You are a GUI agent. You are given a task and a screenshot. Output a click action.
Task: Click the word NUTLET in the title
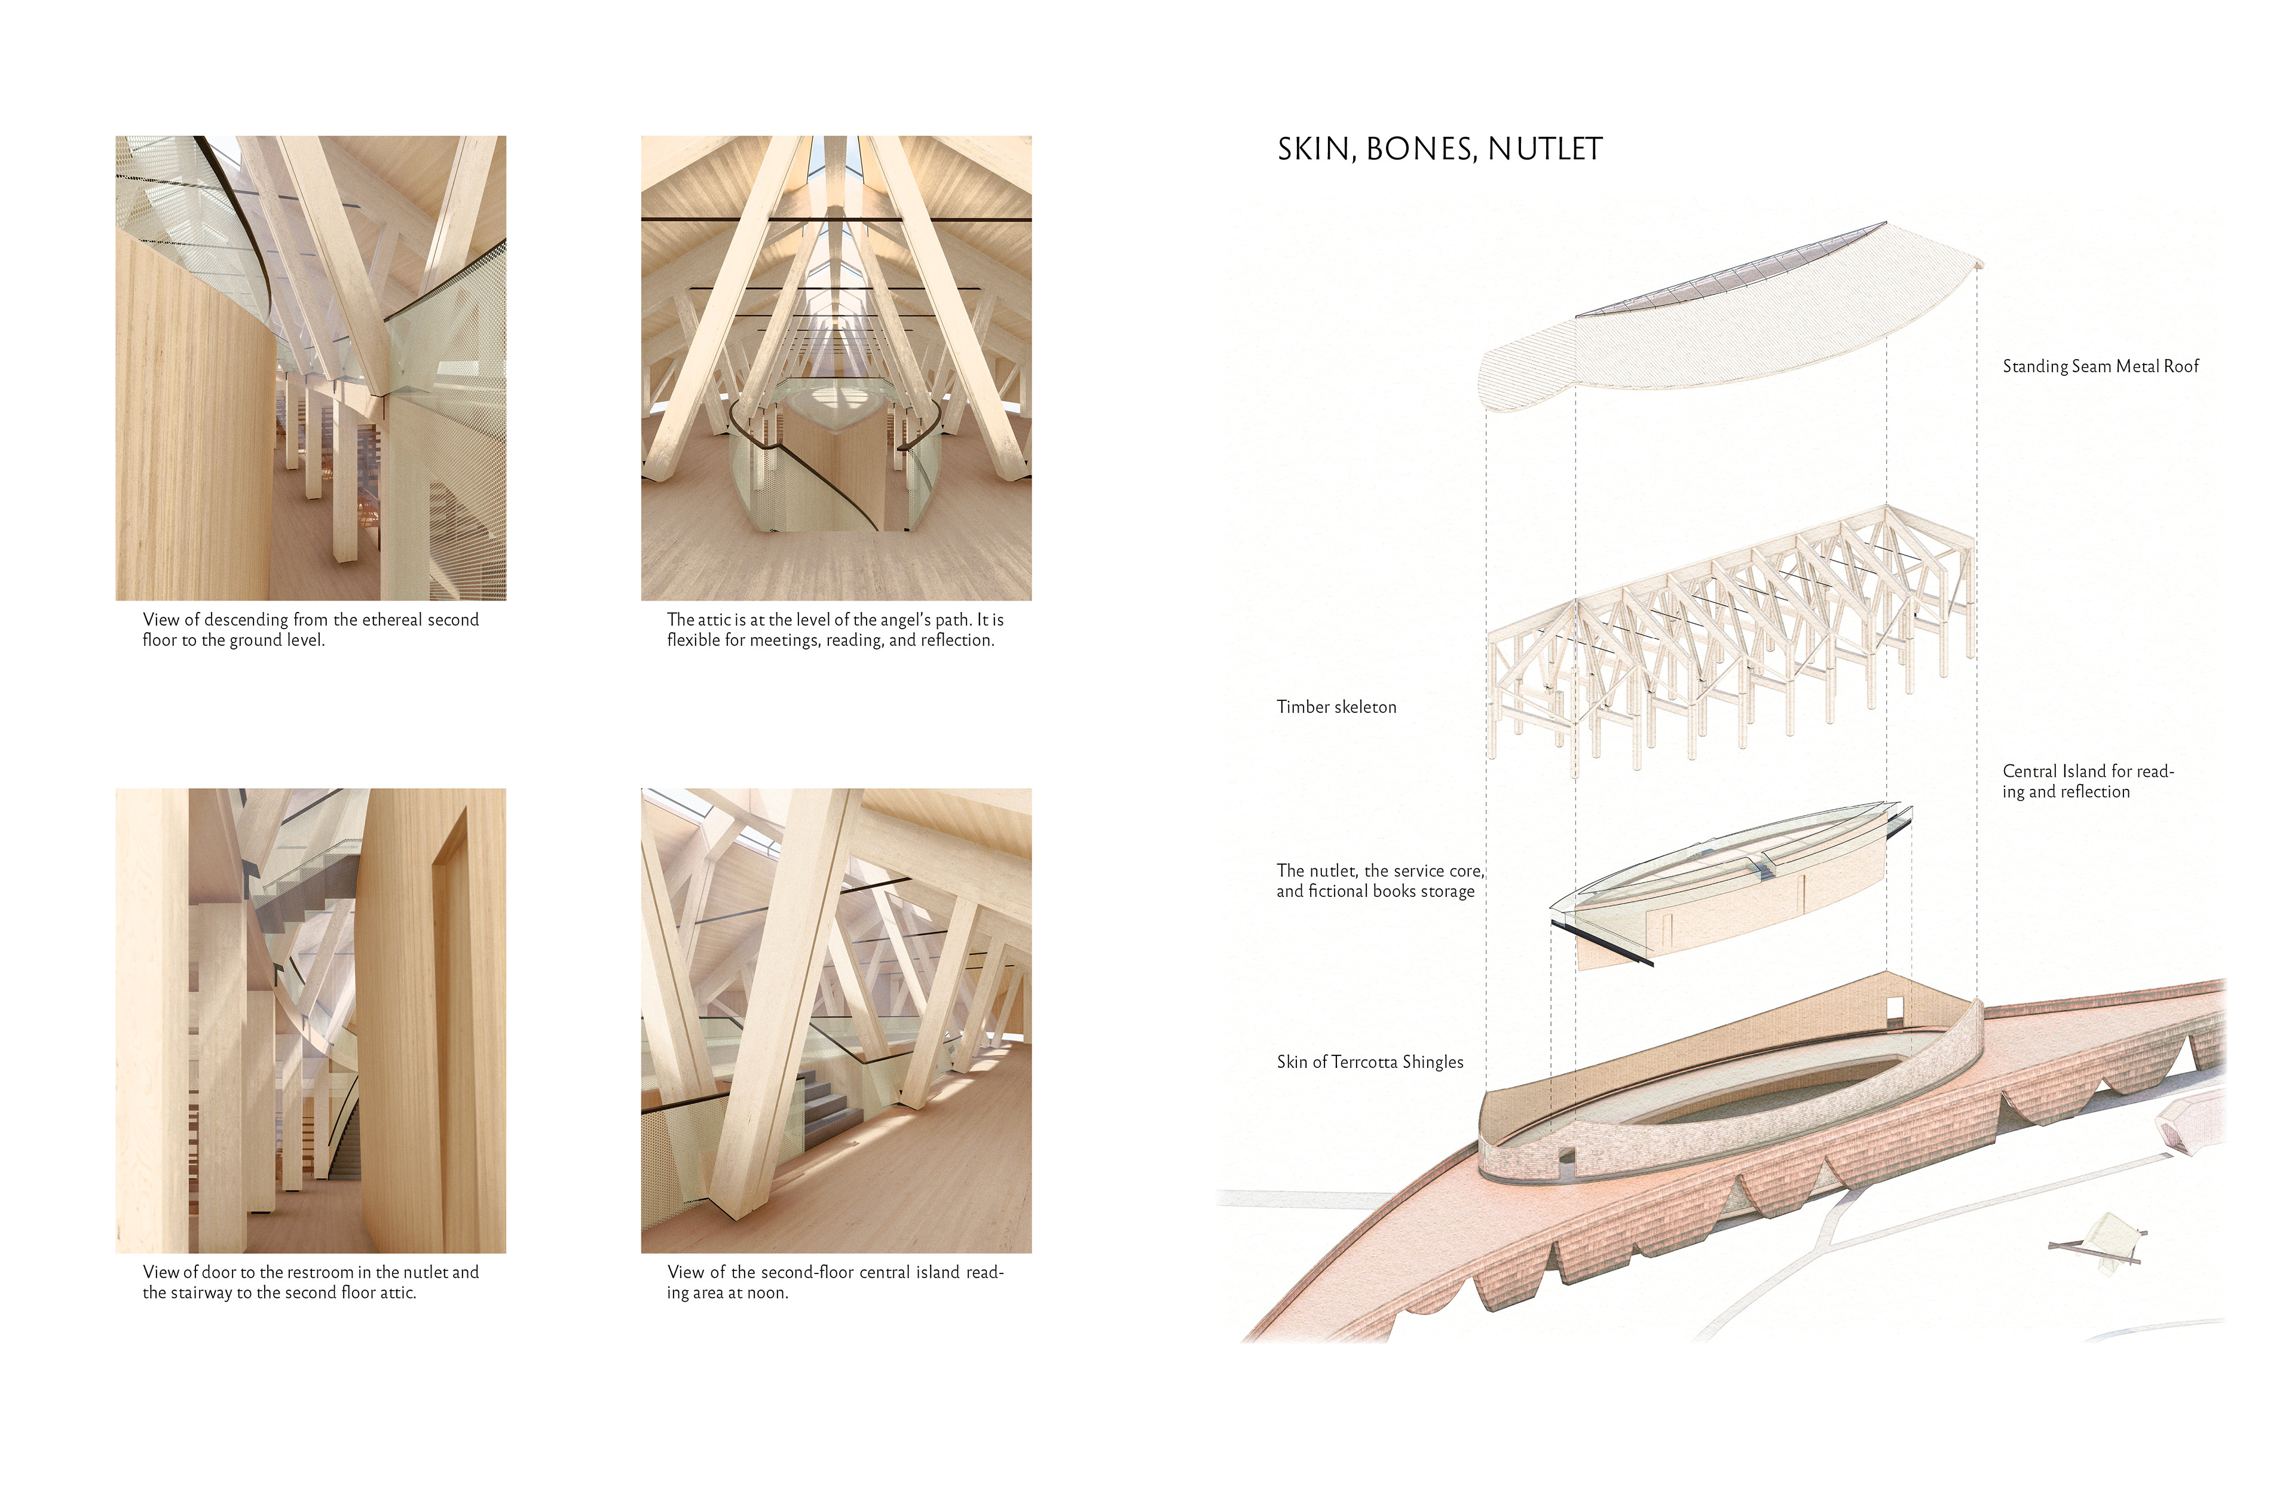[x=1545, y=149]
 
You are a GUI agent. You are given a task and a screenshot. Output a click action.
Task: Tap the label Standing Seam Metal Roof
[x=2100, y=366]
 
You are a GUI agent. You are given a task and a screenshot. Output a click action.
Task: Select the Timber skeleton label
[x=1336, y=707]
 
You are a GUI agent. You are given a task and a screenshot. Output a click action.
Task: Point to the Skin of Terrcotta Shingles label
[x=1369, y=1062]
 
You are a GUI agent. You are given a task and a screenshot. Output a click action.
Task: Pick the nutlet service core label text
[x=1379, y=880]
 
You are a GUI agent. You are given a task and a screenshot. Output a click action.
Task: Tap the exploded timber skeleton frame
[x=1726, y=636]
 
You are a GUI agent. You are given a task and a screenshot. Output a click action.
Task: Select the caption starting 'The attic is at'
[x=835, y=630]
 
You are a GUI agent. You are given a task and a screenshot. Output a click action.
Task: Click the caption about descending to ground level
[x=311, y=630]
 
